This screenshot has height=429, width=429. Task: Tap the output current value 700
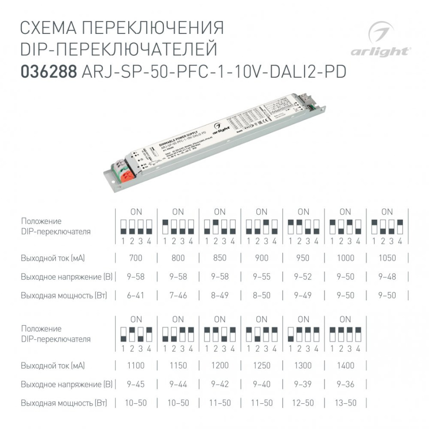click(136, 258)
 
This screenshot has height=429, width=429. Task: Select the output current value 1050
click(387, 258)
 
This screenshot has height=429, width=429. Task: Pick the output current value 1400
click(345, 366)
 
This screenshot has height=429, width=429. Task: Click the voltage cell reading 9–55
click(262, 276)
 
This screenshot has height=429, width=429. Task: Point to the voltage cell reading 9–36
click(345, 384)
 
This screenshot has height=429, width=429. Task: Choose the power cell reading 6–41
click(136, 296)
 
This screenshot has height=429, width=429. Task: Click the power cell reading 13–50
click(345, 403)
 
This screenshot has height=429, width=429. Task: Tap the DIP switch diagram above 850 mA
click(220, 226)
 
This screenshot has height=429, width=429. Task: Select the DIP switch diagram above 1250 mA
click(262, 334)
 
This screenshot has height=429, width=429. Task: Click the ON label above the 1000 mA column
click(345, 212)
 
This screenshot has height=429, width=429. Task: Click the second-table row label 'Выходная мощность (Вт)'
click(64, 403)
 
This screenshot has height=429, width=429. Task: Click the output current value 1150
click(178, 366)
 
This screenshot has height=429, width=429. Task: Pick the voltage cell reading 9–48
click(387, 276)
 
